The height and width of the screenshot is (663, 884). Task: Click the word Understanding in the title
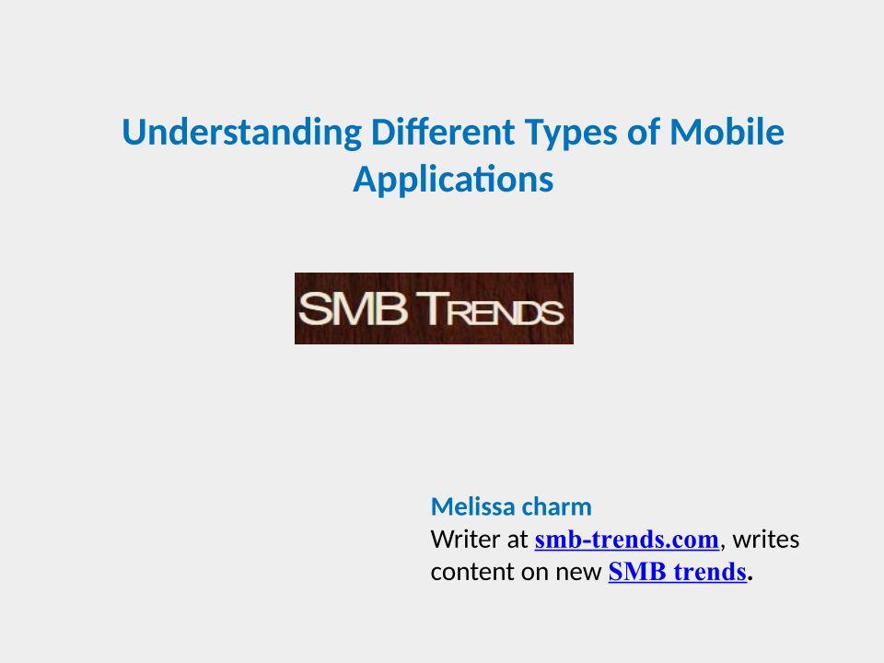coord(242,133)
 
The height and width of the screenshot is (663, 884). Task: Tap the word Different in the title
coord(443,132)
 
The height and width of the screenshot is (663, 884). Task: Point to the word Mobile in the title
coord(727,132)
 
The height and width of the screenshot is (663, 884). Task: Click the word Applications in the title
coord(453,180)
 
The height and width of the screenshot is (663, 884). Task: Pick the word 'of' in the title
coord(644,132)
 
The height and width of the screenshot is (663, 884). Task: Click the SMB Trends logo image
coord(434,308)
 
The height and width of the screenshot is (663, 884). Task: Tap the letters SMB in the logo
coord(353,308)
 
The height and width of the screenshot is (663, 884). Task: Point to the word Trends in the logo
coord(494,309)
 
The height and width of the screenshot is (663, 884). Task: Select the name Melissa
coord(471,506)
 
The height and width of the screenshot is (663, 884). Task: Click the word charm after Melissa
coord(554,506)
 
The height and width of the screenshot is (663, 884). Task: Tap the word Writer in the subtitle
coord(465,540)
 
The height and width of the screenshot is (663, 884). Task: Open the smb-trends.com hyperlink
coord(627,541)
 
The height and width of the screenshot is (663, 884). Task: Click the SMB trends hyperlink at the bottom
coord(678,572)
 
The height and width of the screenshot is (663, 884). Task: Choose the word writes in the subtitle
coord(766,540)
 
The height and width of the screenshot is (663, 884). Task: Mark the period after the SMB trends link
coord(750,579)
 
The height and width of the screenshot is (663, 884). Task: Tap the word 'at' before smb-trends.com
coord(517,541)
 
